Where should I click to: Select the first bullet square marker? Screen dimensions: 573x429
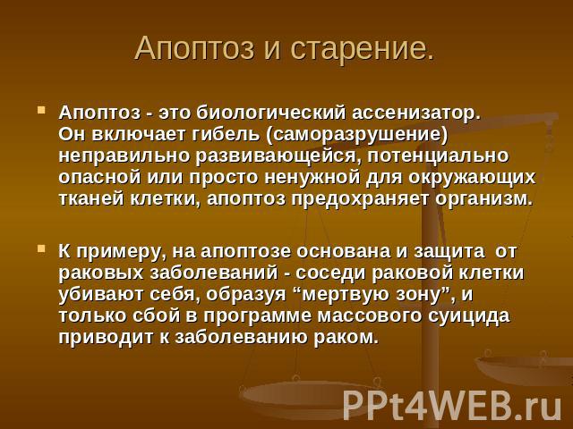point(41,110)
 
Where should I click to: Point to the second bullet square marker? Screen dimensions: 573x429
point(41,248)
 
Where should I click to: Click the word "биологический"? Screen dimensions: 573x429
point(270,114)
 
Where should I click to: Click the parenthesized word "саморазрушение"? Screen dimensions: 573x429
point(357,135)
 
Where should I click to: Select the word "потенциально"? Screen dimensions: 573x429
point(438,156)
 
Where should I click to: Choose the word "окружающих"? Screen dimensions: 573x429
point(472,178)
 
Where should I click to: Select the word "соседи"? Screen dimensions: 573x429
point(330,273)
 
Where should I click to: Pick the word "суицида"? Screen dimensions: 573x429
point(469,315)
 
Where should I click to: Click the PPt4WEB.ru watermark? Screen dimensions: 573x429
point(452,405)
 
